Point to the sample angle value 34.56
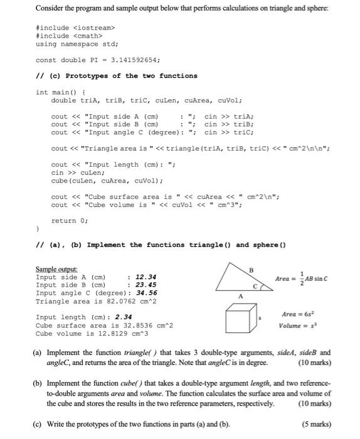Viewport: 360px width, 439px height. [x=146, y=293]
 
